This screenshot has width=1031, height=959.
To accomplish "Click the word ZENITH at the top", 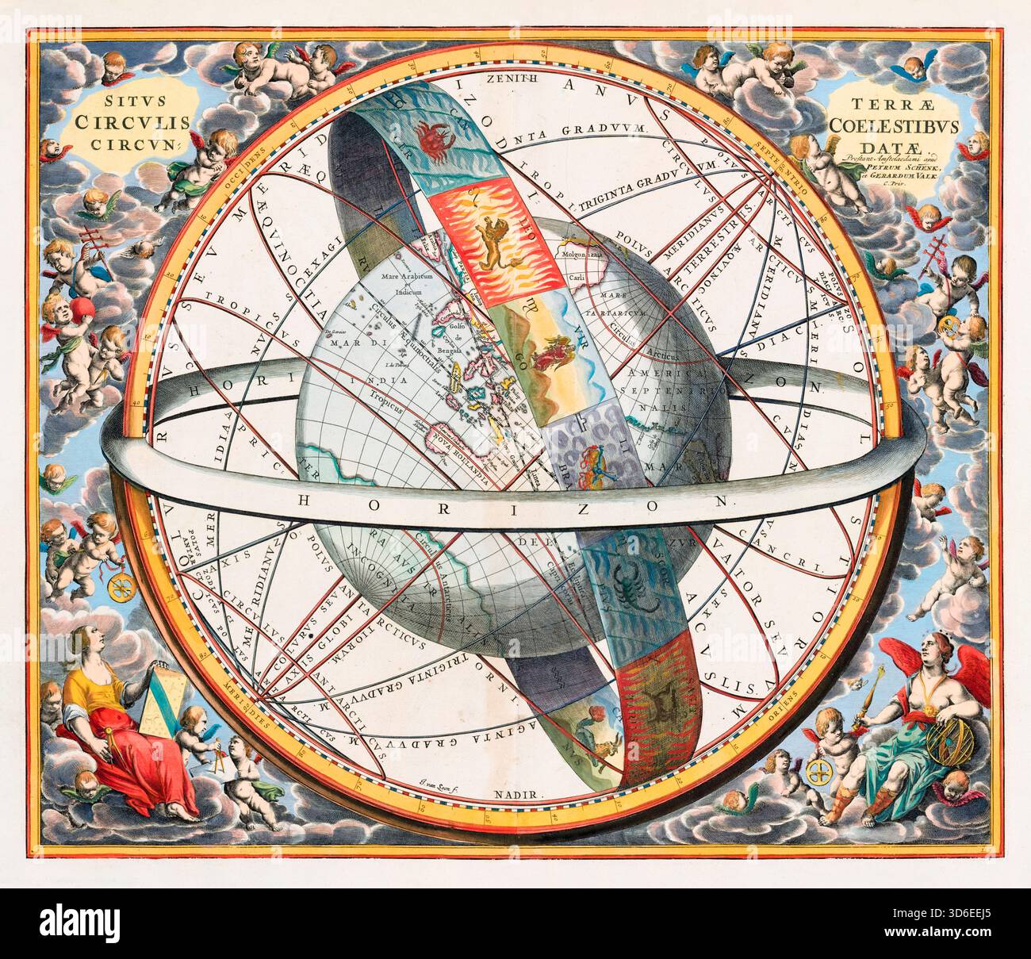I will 512,79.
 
